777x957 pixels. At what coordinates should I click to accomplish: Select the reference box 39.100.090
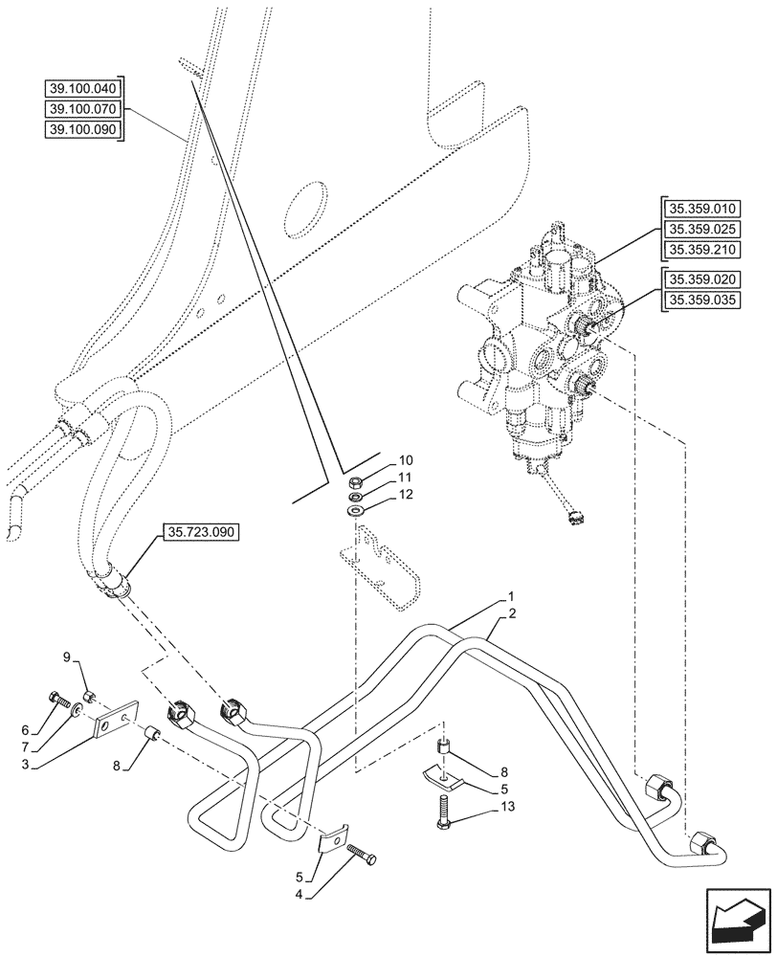[84, 129]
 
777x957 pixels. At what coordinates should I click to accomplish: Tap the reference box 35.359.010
[700, 210]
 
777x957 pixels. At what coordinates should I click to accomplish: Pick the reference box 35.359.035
[700, 300]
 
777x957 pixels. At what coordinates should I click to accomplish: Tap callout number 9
[67, 657]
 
